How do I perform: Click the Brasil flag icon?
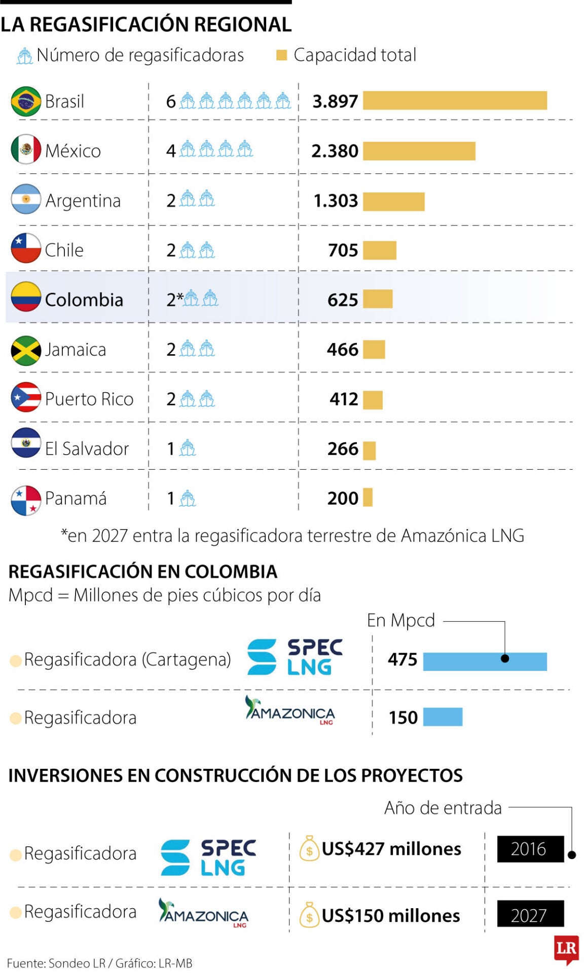coord(26,101)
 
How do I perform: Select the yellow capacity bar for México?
coord(419,151)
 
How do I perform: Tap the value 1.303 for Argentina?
coord(336,201)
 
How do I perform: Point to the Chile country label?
coord(64,250)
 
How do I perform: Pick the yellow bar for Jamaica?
coord(374,350)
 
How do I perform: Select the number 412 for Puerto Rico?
coord(344,399)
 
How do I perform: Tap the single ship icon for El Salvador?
coord(188,448)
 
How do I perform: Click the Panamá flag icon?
coord(26,500)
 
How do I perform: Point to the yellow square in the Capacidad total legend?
coord(281,55)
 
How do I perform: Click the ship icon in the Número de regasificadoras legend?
coord(24,56)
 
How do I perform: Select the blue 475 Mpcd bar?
coord(485,661)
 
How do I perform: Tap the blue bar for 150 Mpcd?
coord(443,717)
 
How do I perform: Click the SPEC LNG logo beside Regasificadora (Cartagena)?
coord(295,657)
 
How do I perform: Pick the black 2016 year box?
coord(530,849)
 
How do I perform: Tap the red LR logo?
coord(566,949)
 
